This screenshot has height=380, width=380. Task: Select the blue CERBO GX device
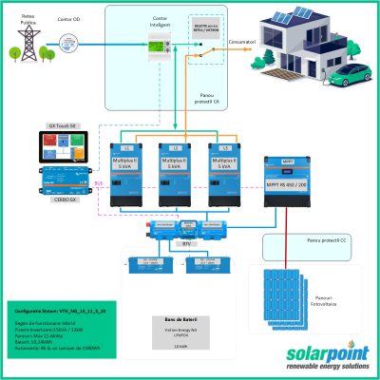point(67,180)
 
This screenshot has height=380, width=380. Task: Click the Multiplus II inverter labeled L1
point(127,175)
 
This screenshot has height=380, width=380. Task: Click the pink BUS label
point(99,184)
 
